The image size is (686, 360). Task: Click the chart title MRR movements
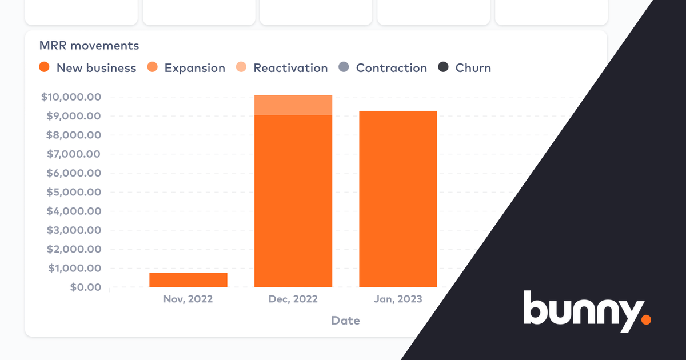[89, 45]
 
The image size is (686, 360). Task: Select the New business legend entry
[87, 68]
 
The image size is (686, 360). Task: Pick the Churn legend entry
[465, 68]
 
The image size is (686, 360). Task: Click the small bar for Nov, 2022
[188, 279]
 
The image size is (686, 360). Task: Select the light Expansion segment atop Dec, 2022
[293, 105]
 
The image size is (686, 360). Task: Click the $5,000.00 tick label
[74, 192]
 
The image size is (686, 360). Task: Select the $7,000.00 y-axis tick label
[74, 154]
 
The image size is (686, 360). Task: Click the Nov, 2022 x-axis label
[188, 299]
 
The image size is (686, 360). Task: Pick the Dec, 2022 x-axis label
[293, 299]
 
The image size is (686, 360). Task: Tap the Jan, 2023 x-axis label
[398, 299]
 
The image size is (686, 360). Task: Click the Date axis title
[345, 321]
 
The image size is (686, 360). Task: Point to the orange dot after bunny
[646, 319]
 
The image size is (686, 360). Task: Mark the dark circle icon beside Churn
[443, 67]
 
